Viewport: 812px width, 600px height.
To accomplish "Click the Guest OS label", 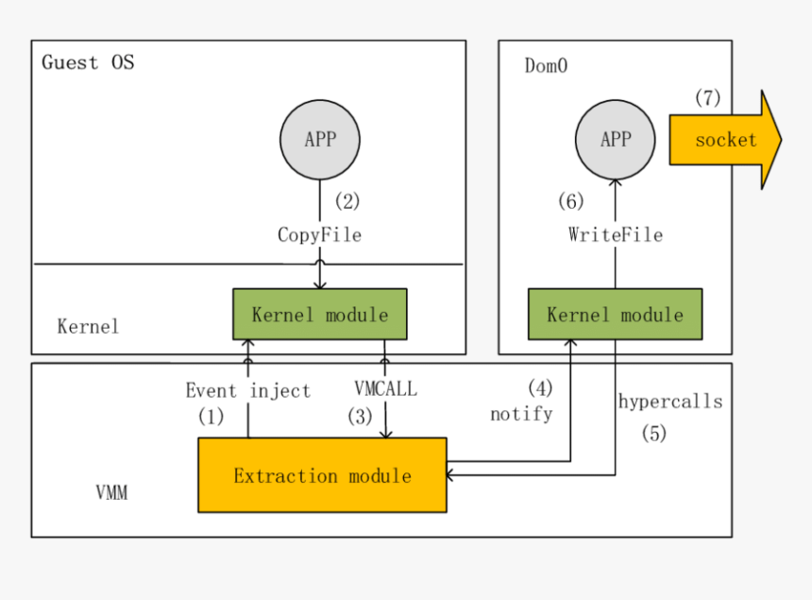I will point(88,63).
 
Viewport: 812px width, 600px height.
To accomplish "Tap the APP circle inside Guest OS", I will point(320,139).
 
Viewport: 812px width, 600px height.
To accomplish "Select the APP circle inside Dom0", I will point(616,139).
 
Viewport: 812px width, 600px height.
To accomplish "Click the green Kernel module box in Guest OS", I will point(320,314).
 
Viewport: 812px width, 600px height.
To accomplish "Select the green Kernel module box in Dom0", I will point(615,314).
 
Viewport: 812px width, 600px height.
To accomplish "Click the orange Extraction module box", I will point(322,475).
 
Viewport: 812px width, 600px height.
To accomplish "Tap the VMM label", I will point(111,493).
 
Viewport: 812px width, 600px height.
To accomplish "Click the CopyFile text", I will point(319,234).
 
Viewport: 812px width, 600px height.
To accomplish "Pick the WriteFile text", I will point(616,234).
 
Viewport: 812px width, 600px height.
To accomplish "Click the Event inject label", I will point(247,390).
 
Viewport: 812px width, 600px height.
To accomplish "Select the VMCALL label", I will point(385,388).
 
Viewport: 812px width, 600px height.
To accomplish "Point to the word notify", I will point(521,414).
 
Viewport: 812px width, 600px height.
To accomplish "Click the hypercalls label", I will point(670,402).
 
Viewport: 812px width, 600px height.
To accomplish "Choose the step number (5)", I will point(654,434).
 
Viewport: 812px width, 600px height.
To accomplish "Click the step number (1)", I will point(211,416).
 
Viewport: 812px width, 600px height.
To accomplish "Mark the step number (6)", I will point(570,200).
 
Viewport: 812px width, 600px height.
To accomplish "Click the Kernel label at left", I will point(89,326).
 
